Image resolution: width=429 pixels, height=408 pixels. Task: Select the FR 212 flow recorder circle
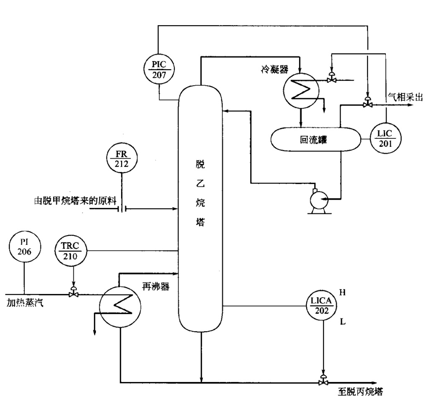[121, 159]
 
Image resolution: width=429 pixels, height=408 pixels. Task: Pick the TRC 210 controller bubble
[70, 251]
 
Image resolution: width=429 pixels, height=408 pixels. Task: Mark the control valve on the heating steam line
[74, 294]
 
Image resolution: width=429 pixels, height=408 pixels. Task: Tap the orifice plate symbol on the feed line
[122, 208]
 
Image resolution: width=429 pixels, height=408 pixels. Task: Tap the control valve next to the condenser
[331, 78]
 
